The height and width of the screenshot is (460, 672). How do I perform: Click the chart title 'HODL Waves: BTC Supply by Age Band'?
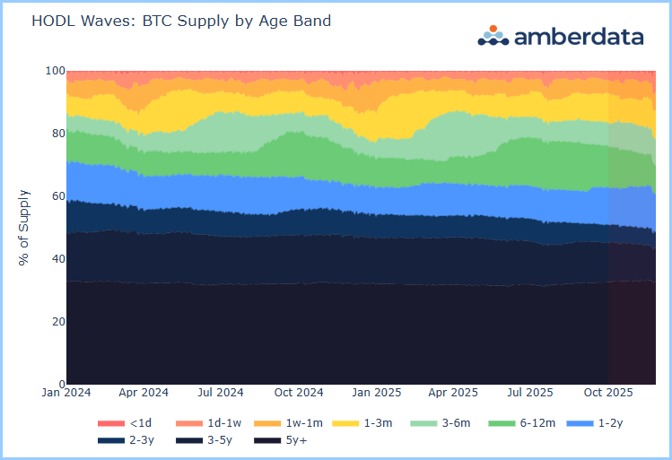[x=181, y=21]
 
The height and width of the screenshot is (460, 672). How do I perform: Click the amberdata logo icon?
[x=493, y=35]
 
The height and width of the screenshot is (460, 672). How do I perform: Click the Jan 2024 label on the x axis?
[x=66, y=393]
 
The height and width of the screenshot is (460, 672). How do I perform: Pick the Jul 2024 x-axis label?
[x=221, y=393]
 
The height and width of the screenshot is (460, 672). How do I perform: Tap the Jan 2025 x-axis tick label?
[x=375, y=393]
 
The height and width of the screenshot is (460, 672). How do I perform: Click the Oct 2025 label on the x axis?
[x=607, y=393]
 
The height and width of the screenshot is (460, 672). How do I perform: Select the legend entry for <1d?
[x=126, y=422]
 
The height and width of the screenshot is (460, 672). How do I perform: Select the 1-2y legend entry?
[x=599, y=422]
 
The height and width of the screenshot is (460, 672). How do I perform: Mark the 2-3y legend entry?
[x=126, y=440]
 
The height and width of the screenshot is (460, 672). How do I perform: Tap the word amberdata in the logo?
[x=578, y=36]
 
